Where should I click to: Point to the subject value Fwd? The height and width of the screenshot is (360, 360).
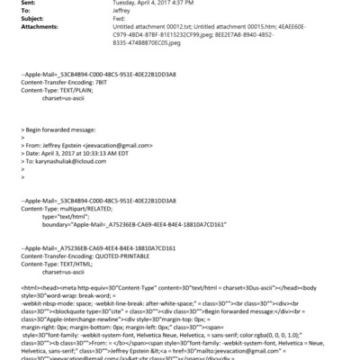click(x=120, y=21)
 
